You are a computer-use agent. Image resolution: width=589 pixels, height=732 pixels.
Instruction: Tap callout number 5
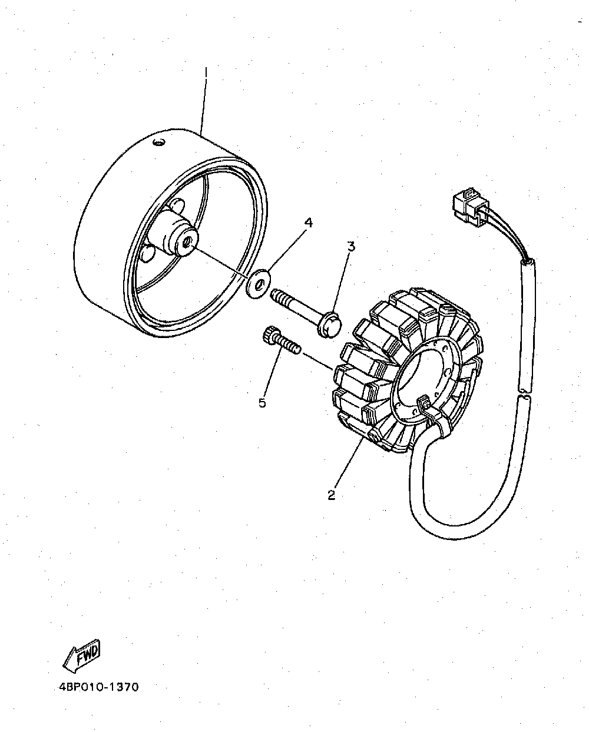[x=262, y=403]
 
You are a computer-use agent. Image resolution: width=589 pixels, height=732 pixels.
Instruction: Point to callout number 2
[x=332, y=495]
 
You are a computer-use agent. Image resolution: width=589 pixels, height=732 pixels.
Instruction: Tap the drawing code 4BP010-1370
[x=98, y=687]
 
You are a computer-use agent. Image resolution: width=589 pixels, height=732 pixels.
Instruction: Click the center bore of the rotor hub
[x=186, y=243]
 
